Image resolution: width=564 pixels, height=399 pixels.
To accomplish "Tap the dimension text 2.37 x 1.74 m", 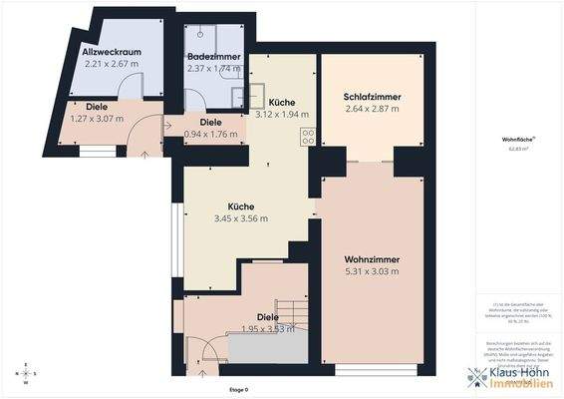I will [x=212, y=70].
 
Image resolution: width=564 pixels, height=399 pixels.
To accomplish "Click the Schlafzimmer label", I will [x=371, y=97].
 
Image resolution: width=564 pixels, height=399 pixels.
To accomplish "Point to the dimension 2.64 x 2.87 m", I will [x=371, y=109].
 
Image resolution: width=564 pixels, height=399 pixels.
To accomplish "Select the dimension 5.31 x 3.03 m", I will [x=371, y=271].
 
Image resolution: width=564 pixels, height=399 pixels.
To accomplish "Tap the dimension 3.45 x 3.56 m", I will [x=241, y=218].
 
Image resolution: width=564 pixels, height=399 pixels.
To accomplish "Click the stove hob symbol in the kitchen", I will [x=308, y=138].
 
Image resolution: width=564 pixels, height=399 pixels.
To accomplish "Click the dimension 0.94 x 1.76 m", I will [x=213, y=134].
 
